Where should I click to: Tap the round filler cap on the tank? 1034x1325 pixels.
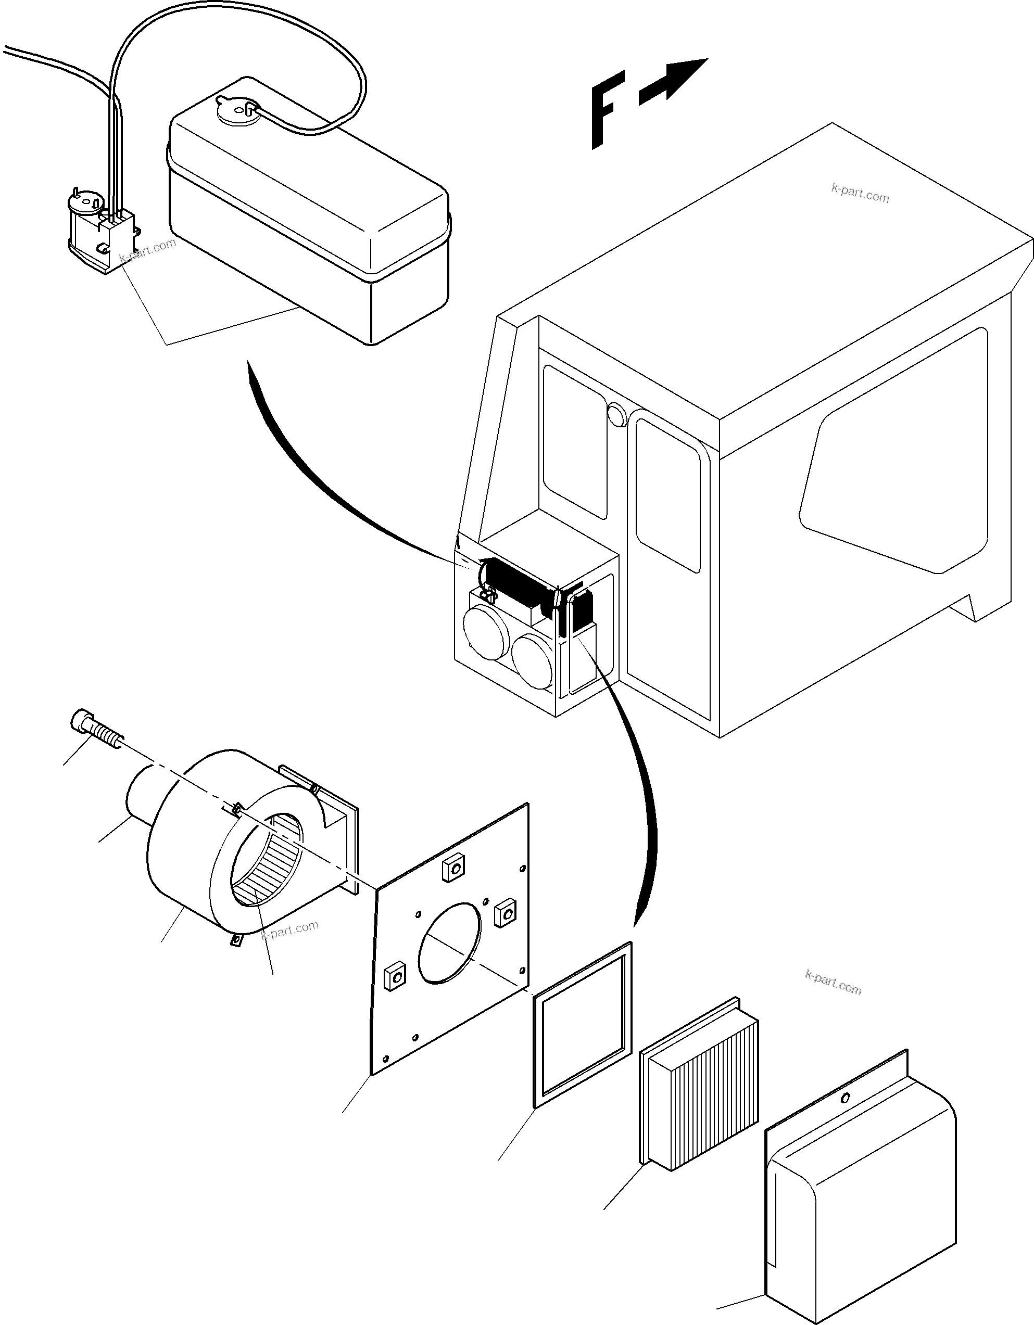coord(238,110)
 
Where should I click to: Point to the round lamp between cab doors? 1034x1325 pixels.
coord(616,416)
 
